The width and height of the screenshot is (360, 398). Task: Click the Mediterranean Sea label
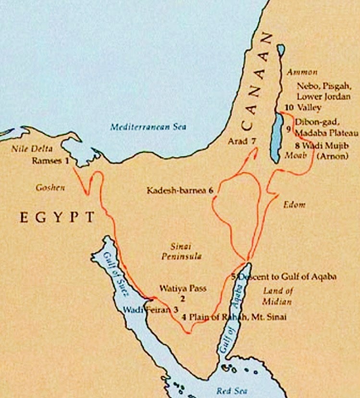coord(148,127)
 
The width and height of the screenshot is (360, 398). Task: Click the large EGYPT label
coord(57,217)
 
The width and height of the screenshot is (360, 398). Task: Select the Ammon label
coord(301,72)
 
